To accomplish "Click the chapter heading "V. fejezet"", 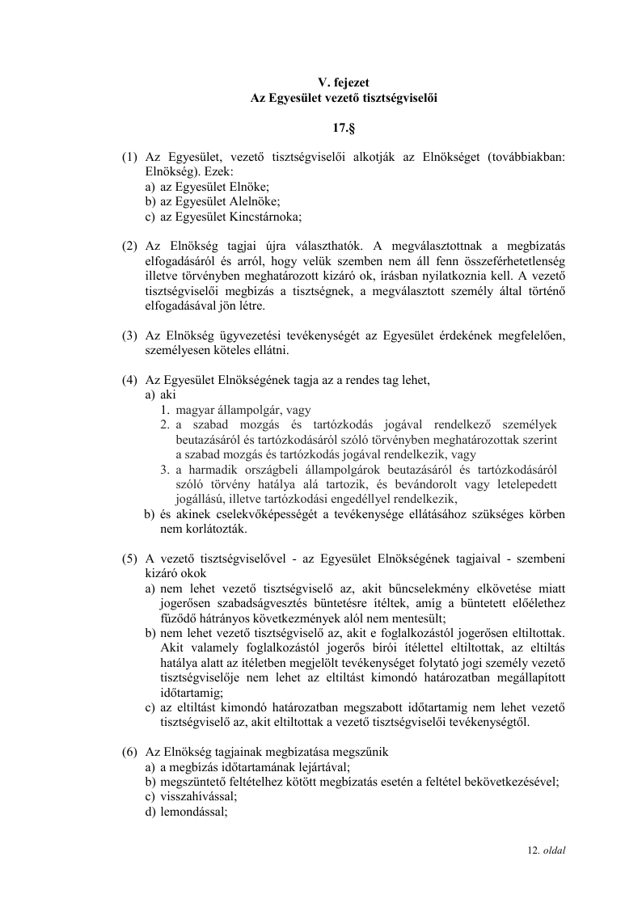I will pos(344,81).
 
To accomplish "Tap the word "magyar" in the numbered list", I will pos(193,410).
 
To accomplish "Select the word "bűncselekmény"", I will pos(417,588).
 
